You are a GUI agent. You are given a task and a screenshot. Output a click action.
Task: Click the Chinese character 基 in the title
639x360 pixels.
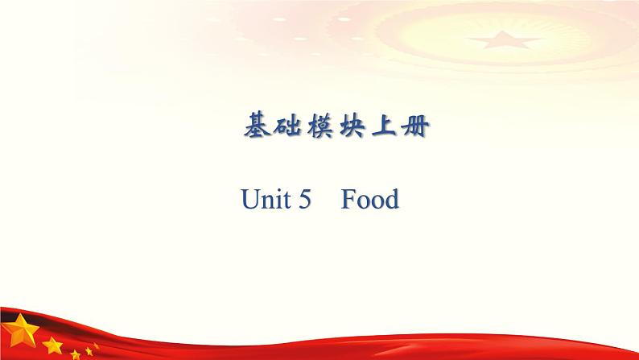coord(256,126)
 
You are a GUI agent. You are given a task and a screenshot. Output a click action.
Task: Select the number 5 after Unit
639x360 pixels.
coord(303,199)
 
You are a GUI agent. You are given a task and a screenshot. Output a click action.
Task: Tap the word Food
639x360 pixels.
coord(369,199)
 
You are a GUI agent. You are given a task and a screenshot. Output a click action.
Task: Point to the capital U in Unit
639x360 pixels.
coord(250,199)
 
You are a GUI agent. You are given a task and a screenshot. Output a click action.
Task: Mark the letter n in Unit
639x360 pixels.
coord(266,201)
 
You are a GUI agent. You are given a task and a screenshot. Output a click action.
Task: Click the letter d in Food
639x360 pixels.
coord(391,199)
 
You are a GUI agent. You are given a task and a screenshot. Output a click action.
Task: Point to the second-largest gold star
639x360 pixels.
coord(52,346)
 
